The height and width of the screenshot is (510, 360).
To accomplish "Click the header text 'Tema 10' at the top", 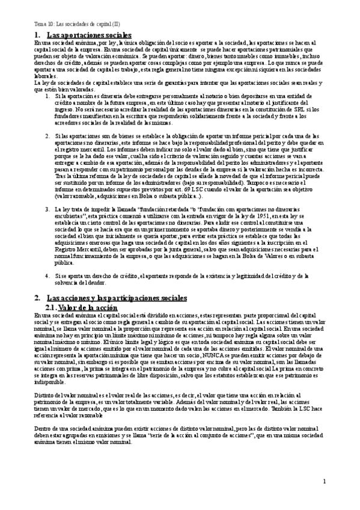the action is coord(44,25).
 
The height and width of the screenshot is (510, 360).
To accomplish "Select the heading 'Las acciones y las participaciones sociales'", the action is coord(117,297).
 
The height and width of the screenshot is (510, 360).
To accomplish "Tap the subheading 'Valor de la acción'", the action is coord(90,307).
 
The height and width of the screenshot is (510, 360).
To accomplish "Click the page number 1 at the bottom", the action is coord(324,481).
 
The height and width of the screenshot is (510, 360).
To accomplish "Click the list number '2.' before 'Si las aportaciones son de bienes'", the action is coord(48,137).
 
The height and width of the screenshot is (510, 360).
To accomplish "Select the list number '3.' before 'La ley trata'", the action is coord(48,209).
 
